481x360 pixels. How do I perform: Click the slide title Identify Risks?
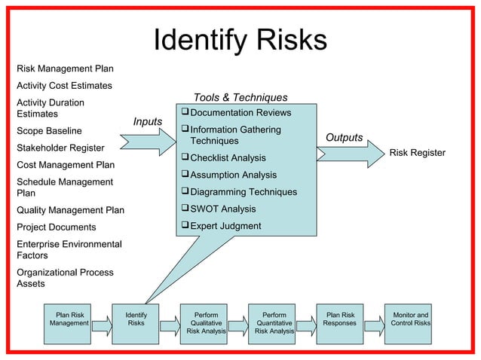(x=240, y=41)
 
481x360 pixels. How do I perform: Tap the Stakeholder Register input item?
(x=60, y=148)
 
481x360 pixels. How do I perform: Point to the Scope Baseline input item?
(x=49, y=131)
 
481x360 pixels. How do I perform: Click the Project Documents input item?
(x=57, y=227)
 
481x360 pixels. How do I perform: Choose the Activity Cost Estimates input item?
(x=64, y=86)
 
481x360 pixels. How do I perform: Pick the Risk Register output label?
(x=417, y=153)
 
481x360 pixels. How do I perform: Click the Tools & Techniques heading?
(x=240, y=98)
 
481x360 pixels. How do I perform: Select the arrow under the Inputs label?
(x=152, y=141)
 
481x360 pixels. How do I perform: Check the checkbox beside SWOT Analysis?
(x=185, y=209)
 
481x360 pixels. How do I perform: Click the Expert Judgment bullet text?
(x=225, y=226)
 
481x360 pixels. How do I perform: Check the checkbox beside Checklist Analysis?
(x=185, y=158)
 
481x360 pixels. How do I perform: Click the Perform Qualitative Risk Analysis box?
(x=206, y=324)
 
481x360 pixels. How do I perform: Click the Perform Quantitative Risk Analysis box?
(x=274, y=324)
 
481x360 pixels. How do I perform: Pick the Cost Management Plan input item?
(x=66, y=164)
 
